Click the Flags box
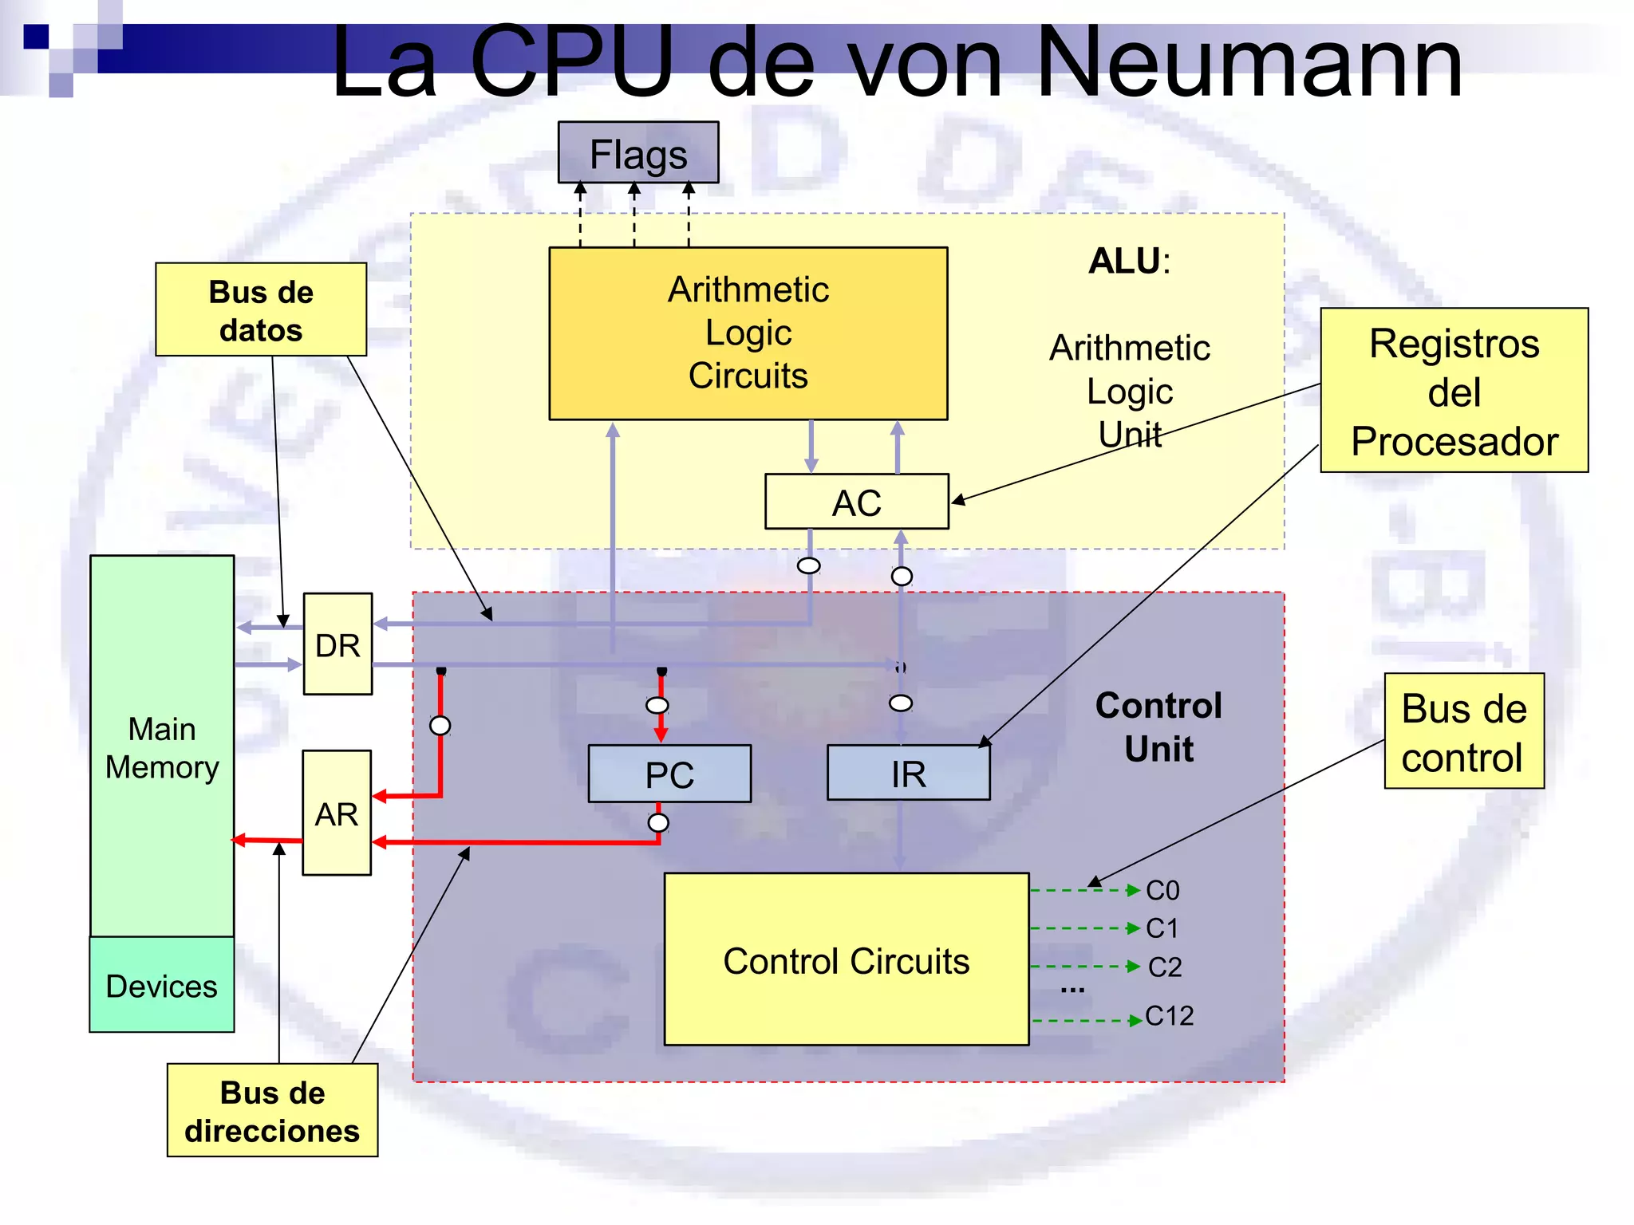point(638,153)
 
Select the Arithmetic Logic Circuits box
point(748,333)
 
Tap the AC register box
point(856,502)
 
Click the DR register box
point(337,644)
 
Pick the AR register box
point(337,813)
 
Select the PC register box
point(669,774)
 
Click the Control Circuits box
point(846,960)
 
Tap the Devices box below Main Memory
point(162,986)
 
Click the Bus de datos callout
point(261,310)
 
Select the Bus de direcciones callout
point(272,1111)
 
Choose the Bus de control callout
point(1463,732)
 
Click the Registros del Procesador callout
point(1454,392)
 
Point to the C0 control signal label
point(1162,890)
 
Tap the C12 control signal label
point(1169,1016)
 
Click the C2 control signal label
point(1164,967)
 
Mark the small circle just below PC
point(658,823)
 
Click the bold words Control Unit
point(1158,727)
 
